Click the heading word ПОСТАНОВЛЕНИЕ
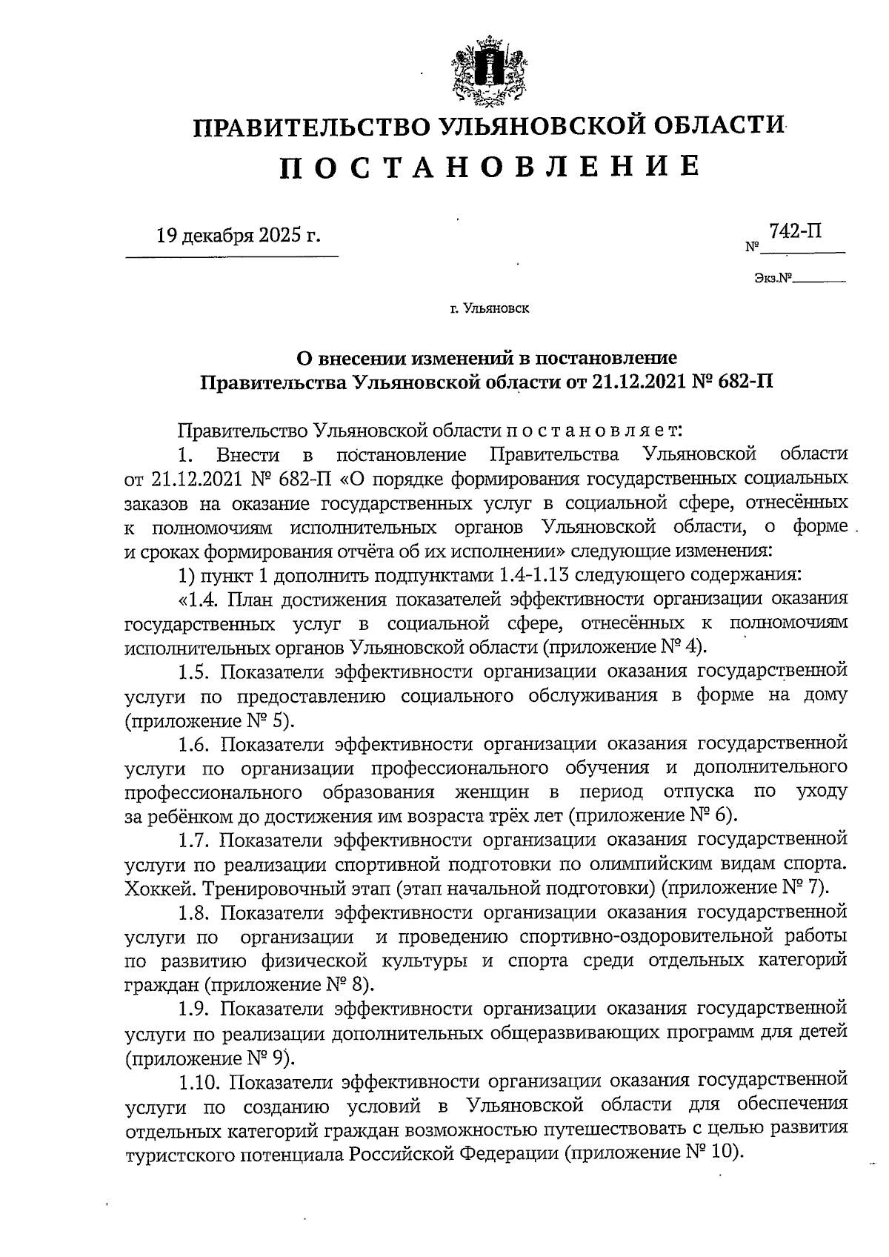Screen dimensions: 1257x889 [x=490, y=166]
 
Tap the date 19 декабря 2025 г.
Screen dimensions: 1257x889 [x=239, y=236]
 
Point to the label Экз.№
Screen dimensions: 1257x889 [x=773, y=279]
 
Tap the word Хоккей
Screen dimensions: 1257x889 [x=160, y=889]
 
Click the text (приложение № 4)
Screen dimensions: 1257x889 [x=626, y=646]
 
